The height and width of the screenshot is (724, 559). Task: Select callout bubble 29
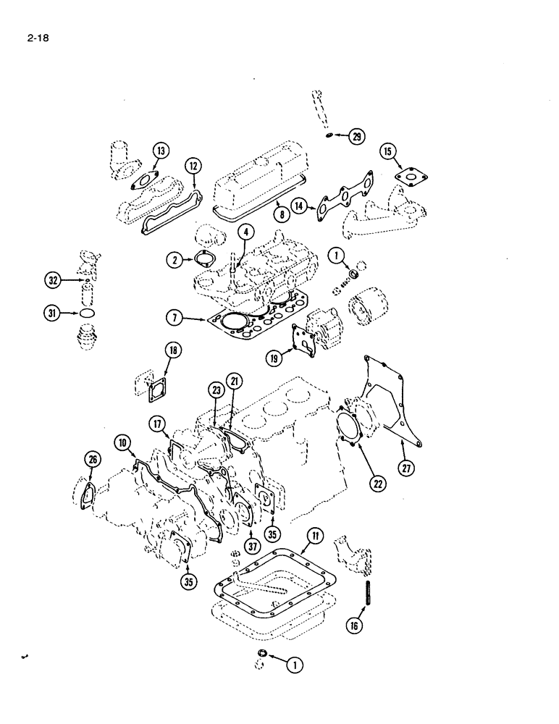357,137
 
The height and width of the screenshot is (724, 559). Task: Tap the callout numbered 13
160,151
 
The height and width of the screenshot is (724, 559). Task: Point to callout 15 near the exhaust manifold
388,151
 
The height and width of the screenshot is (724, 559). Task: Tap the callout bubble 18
172,352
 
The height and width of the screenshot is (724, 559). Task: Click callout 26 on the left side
93,459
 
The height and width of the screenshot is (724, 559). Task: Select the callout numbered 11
314,536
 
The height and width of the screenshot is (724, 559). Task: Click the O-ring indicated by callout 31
85,313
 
